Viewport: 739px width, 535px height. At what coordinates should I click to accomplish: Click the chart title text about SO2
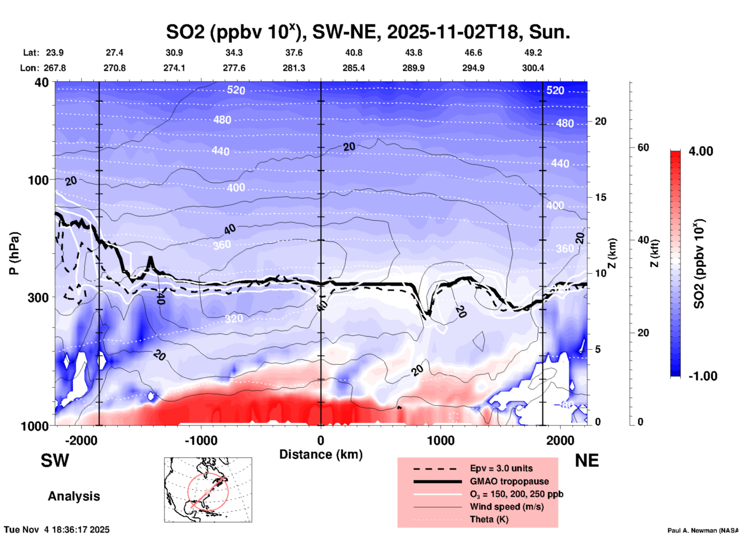click(368, 31)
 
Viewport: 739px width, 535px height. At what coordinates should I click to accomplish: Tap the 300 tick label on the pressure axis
click(38, 297)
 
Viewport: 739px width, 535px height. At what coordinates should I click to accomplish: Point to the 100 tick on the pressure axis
click(38, 180)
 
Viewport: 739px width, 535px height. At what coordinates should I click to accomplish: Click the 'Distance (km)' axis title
click(321, 454)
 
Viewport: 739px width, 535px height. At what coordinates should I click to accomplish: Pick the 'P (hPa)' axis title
click(14, 253)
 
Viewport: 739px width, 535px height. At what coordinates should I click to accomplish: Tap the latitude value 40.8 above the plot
click(353, 53)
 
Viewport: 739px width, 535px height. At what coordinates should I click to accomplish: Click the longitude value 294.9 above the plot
click(473, 68)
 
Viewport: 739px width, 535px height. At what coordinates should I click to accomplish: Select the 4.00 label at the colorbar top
click(701, 151)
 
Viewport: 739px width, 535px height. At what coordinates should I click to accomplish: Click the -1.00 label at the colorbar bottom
click(703, 376)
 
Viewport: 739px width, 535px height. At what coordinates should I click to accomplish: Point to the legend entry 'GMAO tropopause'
click(509, 481)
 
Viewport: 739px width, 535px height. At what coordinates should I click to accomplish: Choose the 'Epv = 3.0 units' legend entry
click(501, 468)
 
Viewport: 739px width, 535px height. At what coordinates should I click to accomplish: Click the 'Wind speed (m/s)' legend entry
click(506, 507)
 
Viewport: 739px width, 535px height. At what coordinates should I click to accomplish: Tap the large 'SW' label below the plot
click(55, 461)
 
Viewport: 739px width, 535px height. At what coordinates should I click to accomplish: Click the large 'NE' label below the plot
click(587, 461)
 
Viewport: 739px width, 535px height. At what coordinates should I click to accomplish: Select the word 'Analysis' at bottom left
click(74, 496)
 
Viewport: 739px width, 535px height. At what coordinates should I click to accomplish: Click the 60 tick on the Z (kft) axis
click(643, 147)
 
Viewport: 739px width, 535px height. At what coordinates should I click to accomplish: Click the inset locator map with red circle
click(208, 490)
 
